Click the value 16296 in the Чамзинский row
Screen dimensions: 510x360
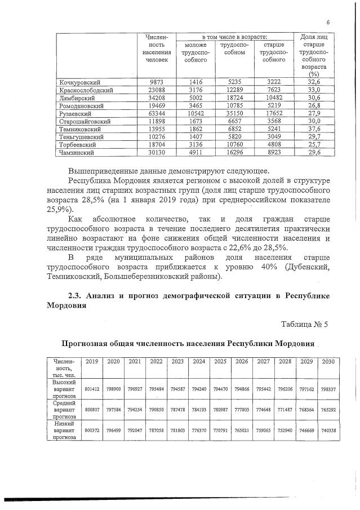pos(234,152)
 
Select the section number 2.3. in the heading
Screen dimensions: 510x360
pos(78,296)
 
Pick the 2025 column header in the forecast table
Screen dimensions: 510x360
pos(220,361)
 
